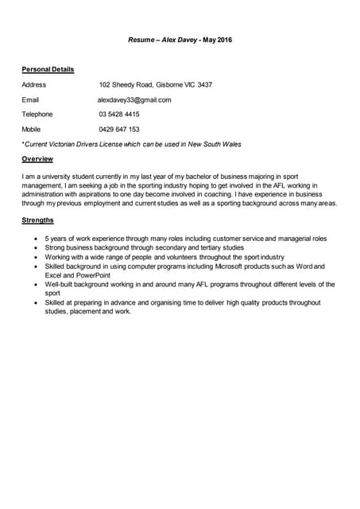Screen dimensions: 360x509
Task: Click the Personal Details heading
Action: [48, 69]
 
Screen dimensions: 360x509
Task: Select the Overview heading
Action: [37, 159]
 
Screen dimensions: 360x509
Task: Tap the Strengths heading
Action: [38, 220]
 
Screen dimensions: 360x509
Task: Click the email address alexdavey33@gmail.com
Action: [134, 99]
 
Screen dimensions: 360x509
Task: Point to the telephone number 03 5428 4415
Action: [119, 114]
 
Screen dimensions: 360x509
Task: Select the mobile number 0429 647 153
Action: [119, 129]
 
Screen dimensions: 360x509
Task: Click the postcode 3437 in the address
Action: [204, 84]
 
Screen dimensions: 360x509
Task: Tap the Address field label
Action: [34, 84]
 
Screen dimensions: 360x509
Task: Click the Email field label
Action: [30, 99]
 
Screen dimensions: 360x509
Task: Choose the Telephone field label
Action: [37, 114]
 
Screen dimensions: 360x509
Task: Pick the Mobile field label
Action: [32, 129]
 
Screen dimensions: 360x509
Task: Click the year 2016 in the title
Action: [224, 40]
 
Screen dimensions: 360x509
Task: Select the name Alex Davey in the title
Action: [180, 40]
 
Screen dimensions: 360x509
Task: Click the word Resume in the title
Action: [142, 40]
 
